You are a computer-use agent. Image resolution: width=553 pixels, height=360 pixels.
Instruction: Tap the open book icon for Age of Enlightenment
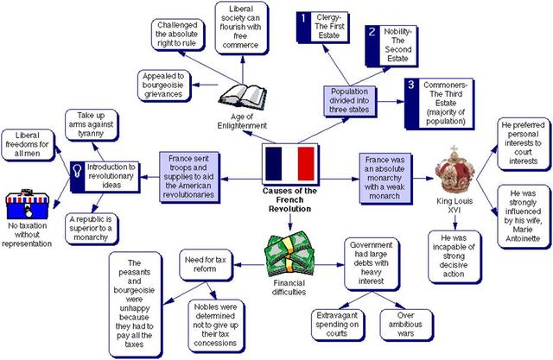(x=238, y=98)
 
